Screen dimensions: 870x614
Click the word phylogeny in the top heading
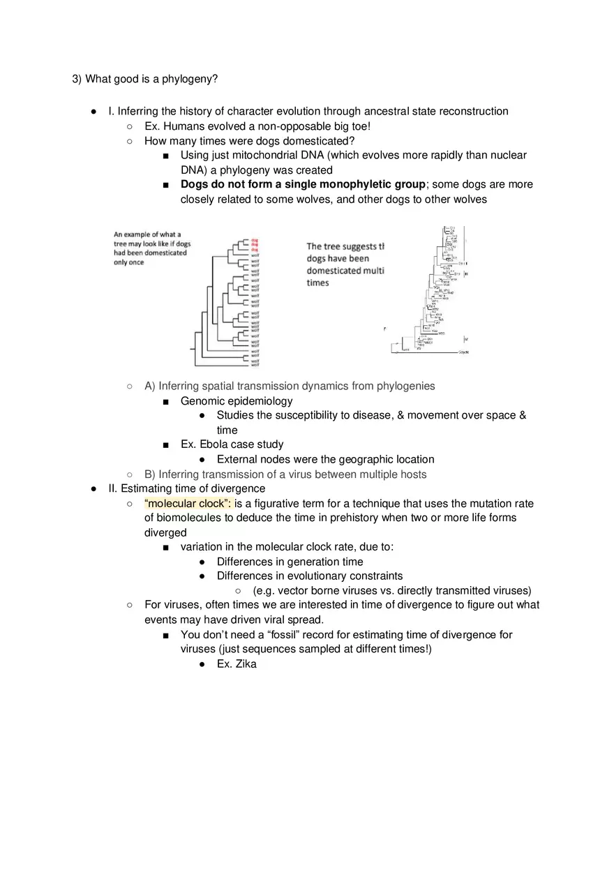(189, 79)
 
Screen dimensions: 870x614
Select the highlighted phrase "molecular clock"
(188, 504)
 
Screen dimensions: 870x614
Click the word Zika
(246, 664)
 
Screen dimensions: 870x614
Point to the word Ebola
(216, 444)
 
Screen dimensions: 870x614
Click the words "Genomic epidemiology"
(237, 401)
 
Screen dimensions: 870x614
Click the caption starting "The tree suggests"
(345, 246)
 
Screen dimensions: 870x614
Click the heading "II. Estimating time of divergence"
(186, 488)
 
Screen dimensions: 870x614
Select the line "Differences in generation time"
(290, 562)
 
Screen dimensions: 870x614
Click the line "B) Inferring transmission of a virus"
(285, 474)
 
